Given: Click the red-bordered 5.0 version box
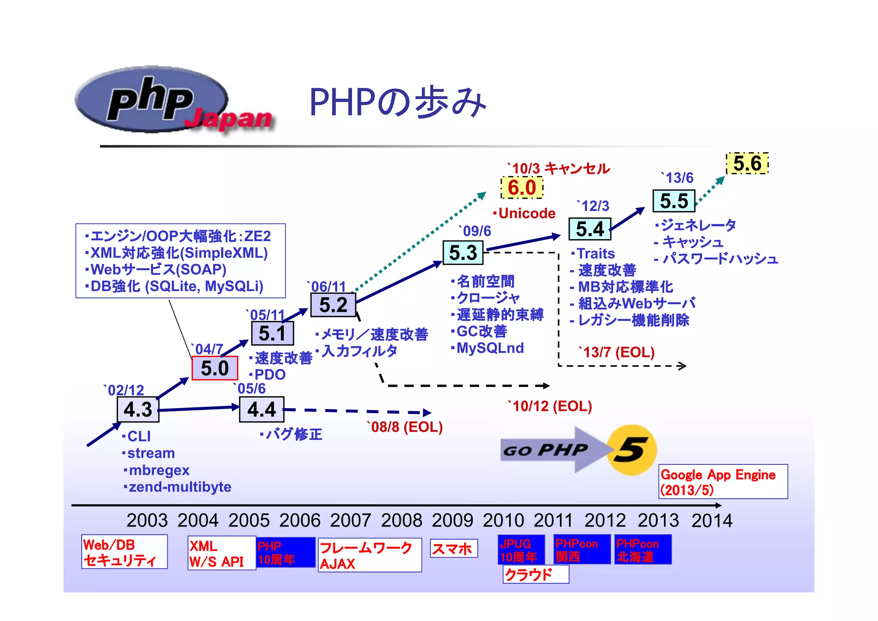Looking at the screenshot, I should (215, 368).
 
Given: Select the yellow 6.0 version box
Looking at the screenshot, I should (522, 188).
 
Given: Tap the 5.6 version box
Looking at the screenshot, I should (747, 164).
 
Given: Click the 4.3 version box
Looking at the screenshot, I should (138, 409).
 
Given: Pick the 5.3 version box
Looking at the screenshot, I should (463, 253).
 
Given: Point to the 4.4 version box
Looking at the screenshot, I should (262, 409).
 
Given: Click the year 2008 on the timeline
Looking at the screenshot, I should (402, 521).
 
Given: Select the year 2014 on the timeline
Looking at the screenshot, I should (712, 521).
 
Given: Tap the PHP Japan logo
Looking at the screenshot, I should (171, 101).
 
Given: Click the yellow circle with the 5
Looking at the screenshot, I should (632, 450).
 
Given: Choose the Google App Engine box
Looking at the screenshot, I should (723, 482).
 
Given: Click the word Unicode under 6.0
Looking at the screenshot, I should (526, 213).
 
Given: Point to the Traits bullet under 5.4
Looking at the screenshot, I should (595, 254).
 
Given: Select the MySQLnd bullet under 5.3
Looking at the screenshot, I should (490, 348).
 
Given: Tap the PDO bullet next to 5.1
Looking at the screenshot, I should (269, 375).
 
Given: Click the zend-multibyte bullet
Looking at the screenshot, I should (179, 487).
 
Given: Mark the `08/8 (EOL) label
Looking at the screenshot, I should (406, 427).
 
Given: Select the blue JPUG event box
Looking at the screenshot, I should (521, 550).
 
